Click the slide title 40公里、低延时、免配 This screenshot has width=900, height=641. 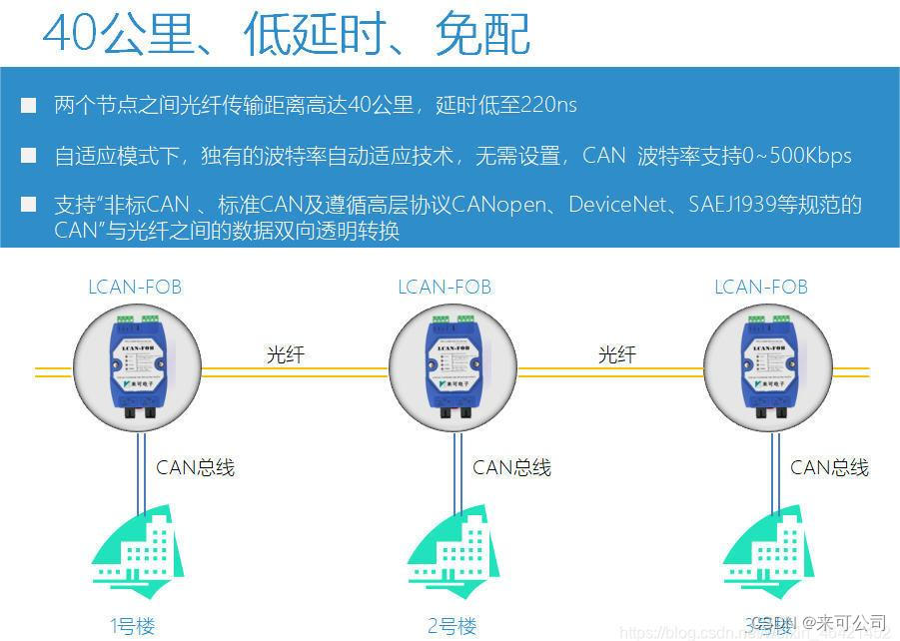(x=287, y=34)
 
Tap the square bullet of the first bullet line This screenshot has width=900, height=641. (x=29, y=105)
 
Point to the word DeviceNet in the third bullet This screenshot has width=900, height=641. (x=613, y=205)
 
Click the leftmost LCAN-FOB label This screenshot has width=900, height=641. (x=135, y=288)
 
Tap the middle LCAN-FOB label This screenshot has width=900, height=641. (x=445, y=288)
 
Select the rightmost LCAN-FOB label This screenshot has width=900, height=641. (x=761, y=288)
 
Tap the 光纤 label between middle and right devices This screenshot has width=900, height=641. (x=616, y=354)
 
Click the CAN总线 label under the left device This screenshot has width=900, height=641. (x=195, y=467)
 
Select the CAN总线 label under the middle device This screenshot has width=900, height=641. (x=511, y=467)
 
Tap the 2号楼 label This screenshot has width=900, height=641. (x=451, y=627)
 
